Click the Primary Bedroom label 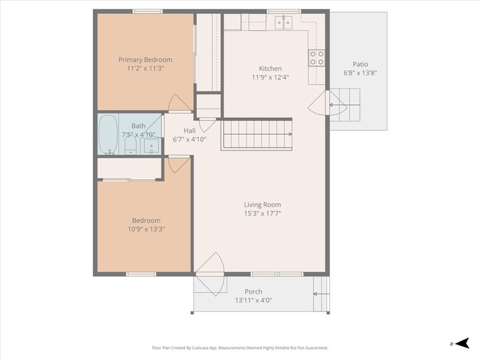(145, 60)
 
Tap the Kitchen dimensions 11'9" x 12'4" (264, 77)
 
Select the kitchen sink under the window (283, 23)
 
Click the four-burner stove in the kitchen (317, 58)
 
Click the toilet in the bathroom (130, 148)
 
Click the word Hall (189, 131)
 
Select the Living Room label (262, 204)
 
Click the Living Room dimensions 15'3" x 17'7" (262, 213)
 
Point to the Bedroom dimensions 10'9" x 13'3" (145, 229)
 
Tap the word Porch (253, 291)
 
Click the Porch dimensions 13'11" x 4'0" (253, 300)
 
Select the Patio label (360, 64)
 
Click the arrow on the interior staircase (289, 134)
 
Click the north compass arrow (461, 343)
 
